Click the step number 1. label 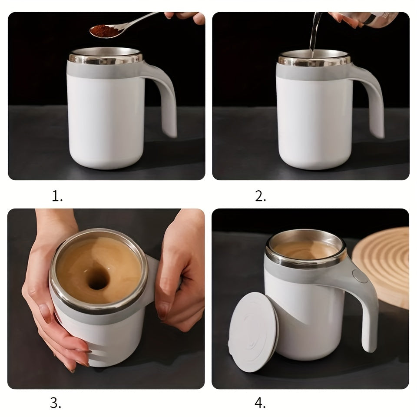point(57,197)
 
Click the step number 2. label point(260,197)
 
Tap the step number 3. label point(55,403)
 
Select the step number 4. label point(260,403)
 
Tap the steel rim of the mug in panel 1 point(106,58)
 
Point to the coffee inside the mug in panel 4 point(304,248)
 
